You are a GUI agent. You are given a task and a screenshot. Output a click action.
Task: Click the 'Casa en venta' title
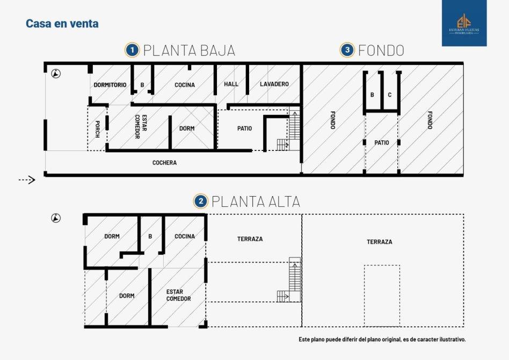tap(62, 24)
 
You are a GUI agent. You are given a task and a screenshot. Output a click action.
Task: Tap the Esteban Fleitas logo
tap(464, 23)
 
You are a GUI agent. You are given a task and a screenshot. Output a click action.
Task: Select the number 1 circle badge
tap(132, 51)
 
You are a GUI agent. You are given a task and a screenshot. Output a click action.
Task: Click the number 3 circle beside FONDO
tap(347, 50)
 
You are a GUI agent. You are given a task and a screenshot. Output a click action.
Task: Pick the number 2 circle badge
tap(201, 201)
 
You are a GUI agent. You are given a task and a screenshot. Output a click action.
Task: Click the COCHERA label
tap(165, 163)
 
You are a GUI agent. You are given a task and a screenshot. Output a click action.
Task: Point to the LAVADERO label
tap(274, 84)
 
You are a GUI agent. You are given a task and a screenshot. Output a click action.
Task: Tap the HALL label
tap(231, 84)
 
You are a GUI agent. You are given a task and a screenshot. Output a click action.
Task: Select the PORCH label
tap(97, 129)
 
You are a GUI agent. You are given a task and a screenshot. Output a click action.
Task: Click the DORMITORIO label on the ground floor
tap(110, 85)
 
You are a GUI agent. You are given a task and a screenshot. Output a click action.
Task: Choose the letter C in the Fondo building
tap(390, 95)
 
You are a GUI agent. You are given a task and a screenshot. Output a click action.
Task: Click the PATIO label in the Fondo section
tap(382, 142)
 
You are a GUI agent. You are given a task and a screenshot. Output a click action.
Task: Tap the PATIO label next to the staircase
tap(244, 128)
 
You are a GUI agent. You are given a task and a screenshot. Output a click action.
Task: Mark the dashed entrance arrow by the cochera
tap(27, 179)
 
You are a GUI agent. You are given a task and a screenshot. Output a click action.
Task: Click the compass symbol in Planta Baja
tap(56, 74)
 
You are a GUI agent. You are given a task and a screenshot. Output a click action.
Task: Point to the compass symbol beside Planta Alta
tap(56, 218)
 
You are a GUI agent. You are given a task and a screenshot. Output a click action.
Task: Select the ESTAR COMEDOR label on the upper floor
tap(179, 296)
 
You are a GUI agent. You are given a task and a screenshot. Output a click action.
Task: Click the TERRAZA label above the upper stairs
tap(250, 239)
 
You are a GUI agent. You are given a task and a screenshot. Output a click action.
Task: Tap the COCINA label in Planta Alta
tap(185, 236)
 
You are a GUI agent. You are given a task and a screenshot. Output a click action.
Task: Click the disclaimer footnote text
tap(382, 340)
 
